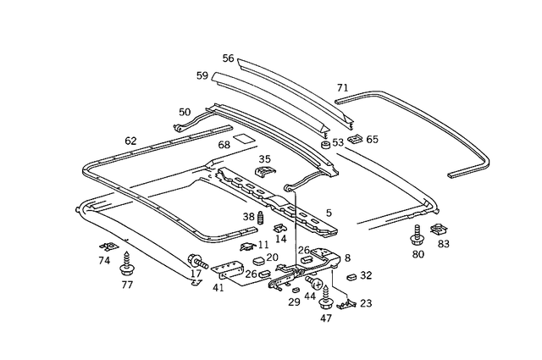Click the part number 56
click(228, 58)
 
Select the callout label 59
click(202, 75)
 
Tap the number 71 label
click(342, 88)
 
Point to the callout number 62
click(130, 141)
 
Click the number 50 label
click(185, 112)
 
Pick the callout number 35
click(264, 158)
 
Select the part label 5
click(329, 213)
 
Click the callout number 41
click(218, 288)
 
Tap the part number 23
click(366, 302)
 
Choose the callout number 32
click(366, 275)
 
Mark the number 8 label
click(347, 258)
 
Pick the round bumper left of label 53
click(324, 146)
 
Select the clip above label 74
click(105, 246)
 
